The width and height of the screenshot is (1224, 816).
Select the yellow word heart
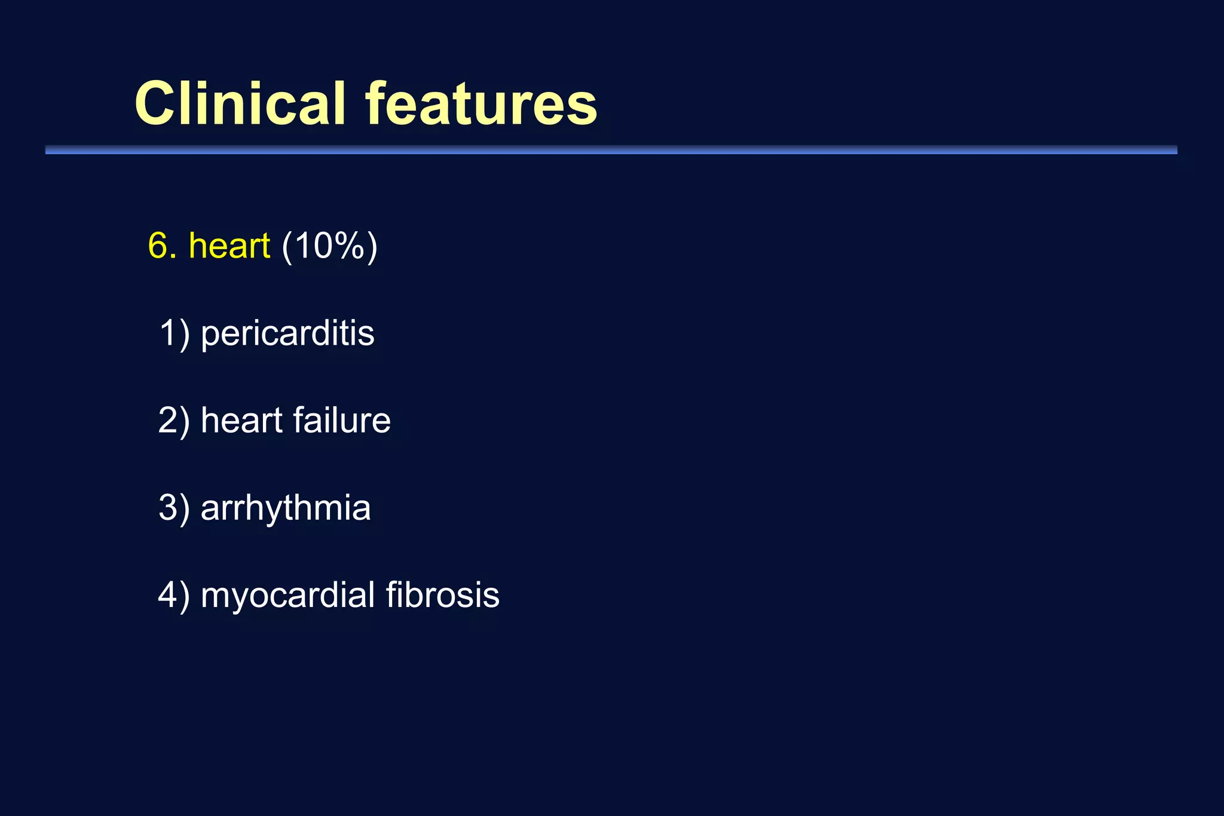(229, 246)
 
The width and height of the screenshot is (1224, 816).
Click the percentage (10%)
(329, 246)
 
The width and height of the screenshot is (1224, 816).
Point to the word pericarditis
(287, 333)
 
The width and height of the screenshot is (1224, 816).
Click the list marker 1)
(174, 333)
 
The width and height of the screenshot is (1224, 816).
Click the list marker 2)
(174, 420)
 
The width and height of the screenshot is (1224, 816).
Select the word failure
(342, 420)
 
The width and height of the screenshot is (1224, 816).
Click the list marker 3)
(174, 508)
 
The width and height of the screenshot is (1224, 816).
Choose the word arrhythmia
(286, 508)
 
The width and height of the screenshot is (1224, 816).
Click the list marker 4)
(174, 595)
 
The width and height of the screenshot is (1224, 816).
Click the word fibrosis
(442, 595)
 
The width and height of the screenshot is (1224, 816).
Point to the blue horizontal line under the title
(611, 150)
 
